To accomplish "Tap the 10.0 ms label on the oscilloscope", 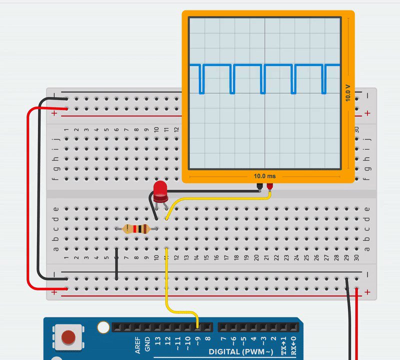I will [x=264, y=176].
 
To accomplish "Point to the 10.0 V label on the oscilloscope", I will [x=347, y=92].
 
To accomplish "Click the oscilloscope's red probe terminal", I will [x=270, y=187].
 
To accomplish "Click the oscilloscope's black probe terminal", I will [x=259, y=187].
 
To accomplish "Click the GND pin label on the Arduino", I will [x=147, y=343].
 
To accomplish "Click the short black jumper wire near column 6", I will [x=116, y=264].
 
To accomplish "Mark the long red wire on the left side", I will [x=29, y=200].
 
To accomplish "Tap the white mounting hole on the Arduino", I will [x=103, y=327].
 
